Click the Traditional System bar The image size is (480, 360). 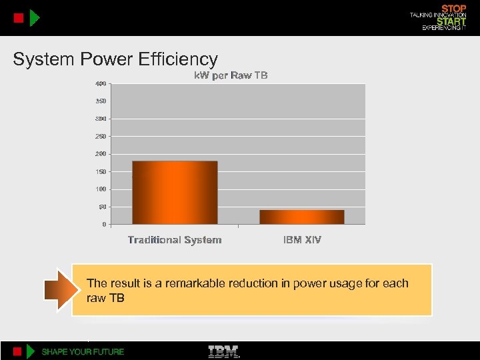[x=175, y=193]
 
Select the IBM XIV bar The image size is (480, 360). [x=302, y=217]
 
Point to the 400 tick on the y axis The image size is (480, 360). [x=99, y=84]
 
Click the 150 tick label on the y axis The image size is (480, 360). [x=99, y=172]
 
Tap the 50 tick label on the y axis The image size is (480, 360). [x=102, y=207]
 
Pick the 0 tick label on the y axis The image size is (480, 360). [x=104, y=225]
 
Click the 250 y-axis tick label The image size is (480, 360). [x=99, y=137]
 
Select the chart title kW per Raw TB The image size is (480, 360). [x=231, y=75]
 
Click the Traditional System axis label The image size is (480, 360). [x=175, y=240]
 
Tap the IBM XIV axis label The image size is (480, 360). [x=302, y=240]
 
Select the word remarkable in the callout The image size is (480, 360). [x=199, y=284]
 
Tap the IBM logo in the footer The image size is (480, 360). [x=224, y=351]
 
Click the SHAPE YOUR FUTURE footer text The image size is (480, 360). [x=83, y=351]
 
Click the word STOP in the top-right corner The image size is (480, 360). [x=454, y=9]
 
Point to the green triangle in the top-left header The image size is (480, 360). [x=35, y=18]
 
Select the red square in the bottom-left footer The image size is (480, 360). [x=18, y=351]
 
